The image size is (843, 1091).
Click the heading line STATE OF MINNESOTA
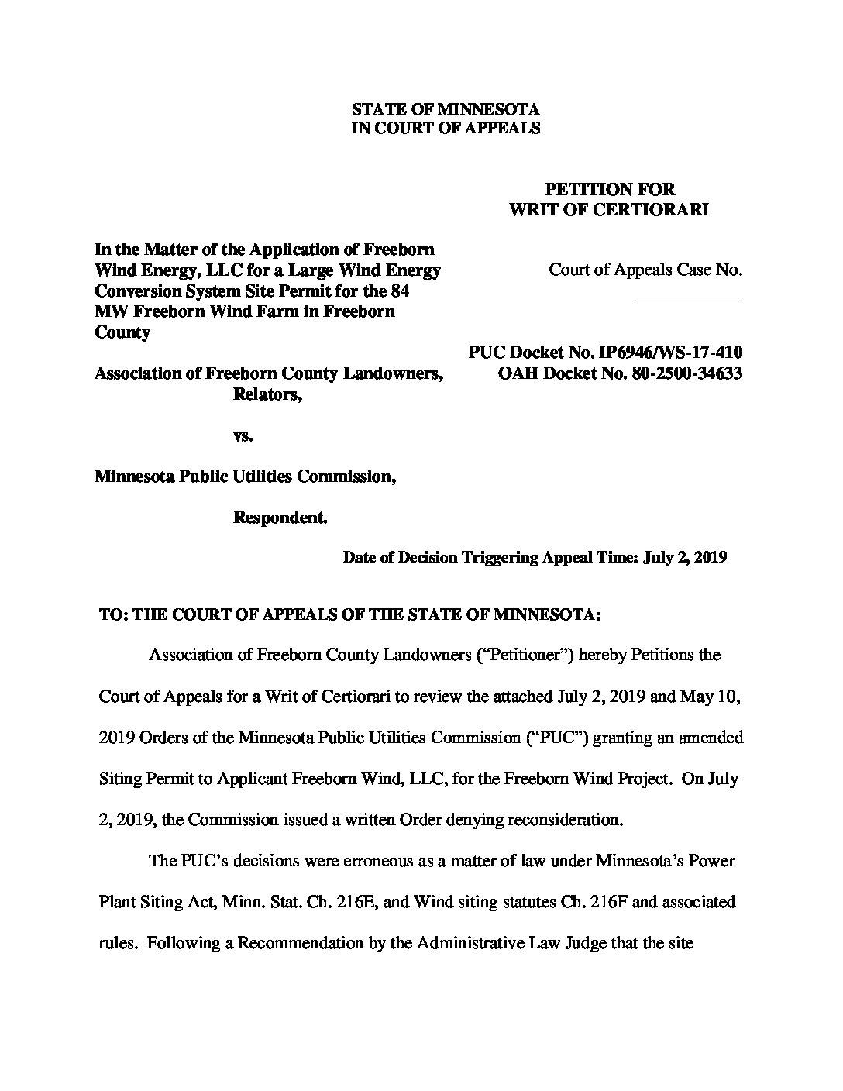(446, 109)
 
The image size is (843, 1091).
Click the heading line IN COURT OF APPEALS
(446, 129)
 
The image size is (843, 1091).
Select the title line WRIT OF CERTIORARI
(608, 210)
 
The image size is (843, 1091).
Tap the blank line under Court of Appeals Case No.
(689, 298)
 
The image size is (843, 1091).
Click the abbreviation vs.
(243, 436)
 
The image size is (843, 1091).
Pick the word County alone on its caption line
(122, 332)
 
